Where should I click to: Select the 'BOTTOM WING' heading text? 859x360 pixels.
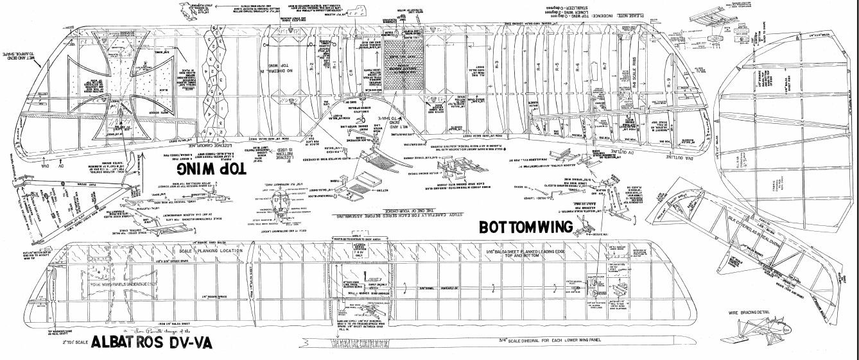click(526, 227)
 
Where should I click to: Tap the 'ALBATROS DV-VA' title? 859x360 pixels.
click(152, 343)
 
